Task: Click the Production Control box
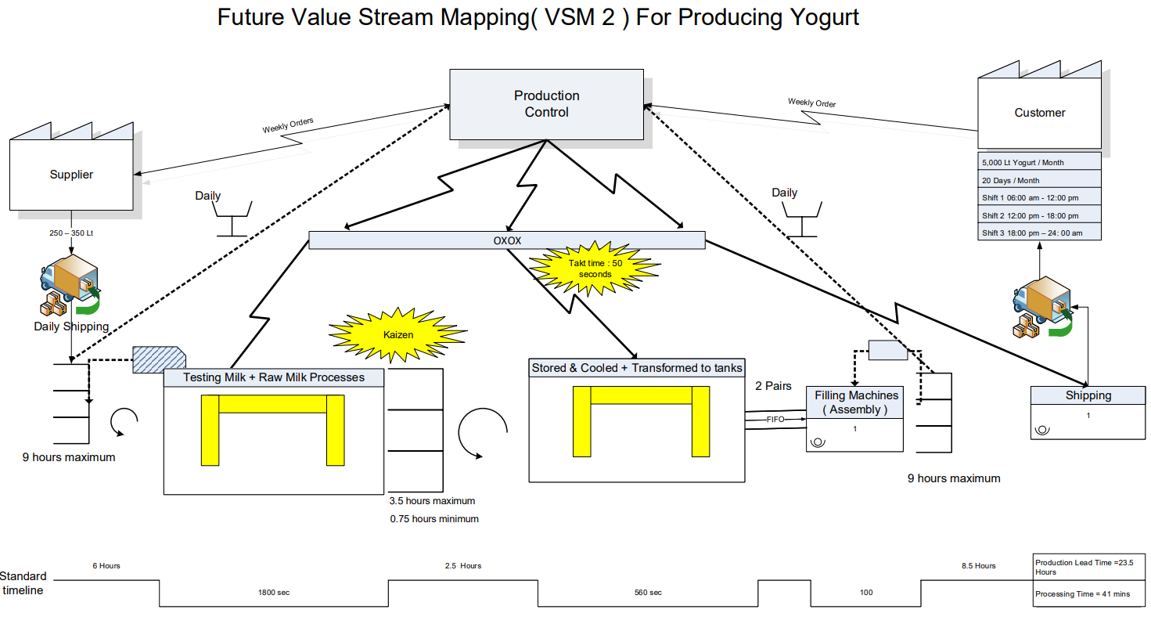(546, 104)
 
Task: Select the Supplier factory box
(71, 175)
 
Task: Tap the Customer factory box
(1039, 113)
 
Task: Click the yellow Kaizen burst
(397, 334)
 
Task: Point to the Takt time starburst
(595, 269)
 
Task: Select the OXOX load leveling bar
(507, 240)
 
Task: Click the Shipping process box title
(1088, 395)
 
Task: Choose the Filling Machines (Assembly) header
(855, 402)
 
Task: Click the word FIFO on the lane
(775, 420)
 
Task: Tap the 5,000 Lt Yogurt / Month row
(1039, 163)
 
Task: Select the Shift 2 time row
(1039, 215)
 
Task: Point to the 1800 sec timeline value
(274, 593)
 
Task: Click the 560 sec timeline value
(647, 593)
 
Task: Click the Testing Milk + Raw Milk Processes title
(274, 377)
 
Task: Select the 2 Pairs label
(773, 386)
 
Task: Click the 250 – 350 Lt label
(71, 233)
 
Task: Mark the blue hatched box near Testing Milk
(157, 359)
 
